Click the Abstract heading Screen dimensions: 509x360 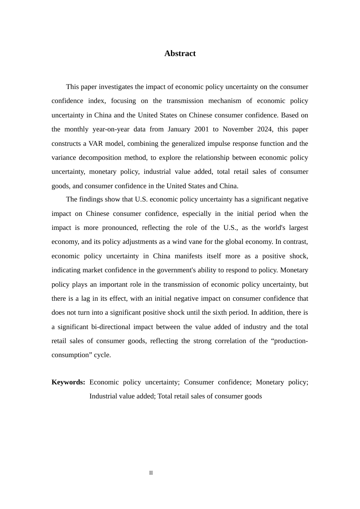coord(180,53)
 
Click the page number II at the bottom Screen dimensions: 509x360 coord(151,473)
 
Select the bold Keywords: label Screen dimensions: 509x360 coord(68,382)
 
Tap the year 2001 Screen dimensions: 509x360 coord(201,129)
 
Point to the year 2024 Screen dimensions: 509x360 coord(264,129)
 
